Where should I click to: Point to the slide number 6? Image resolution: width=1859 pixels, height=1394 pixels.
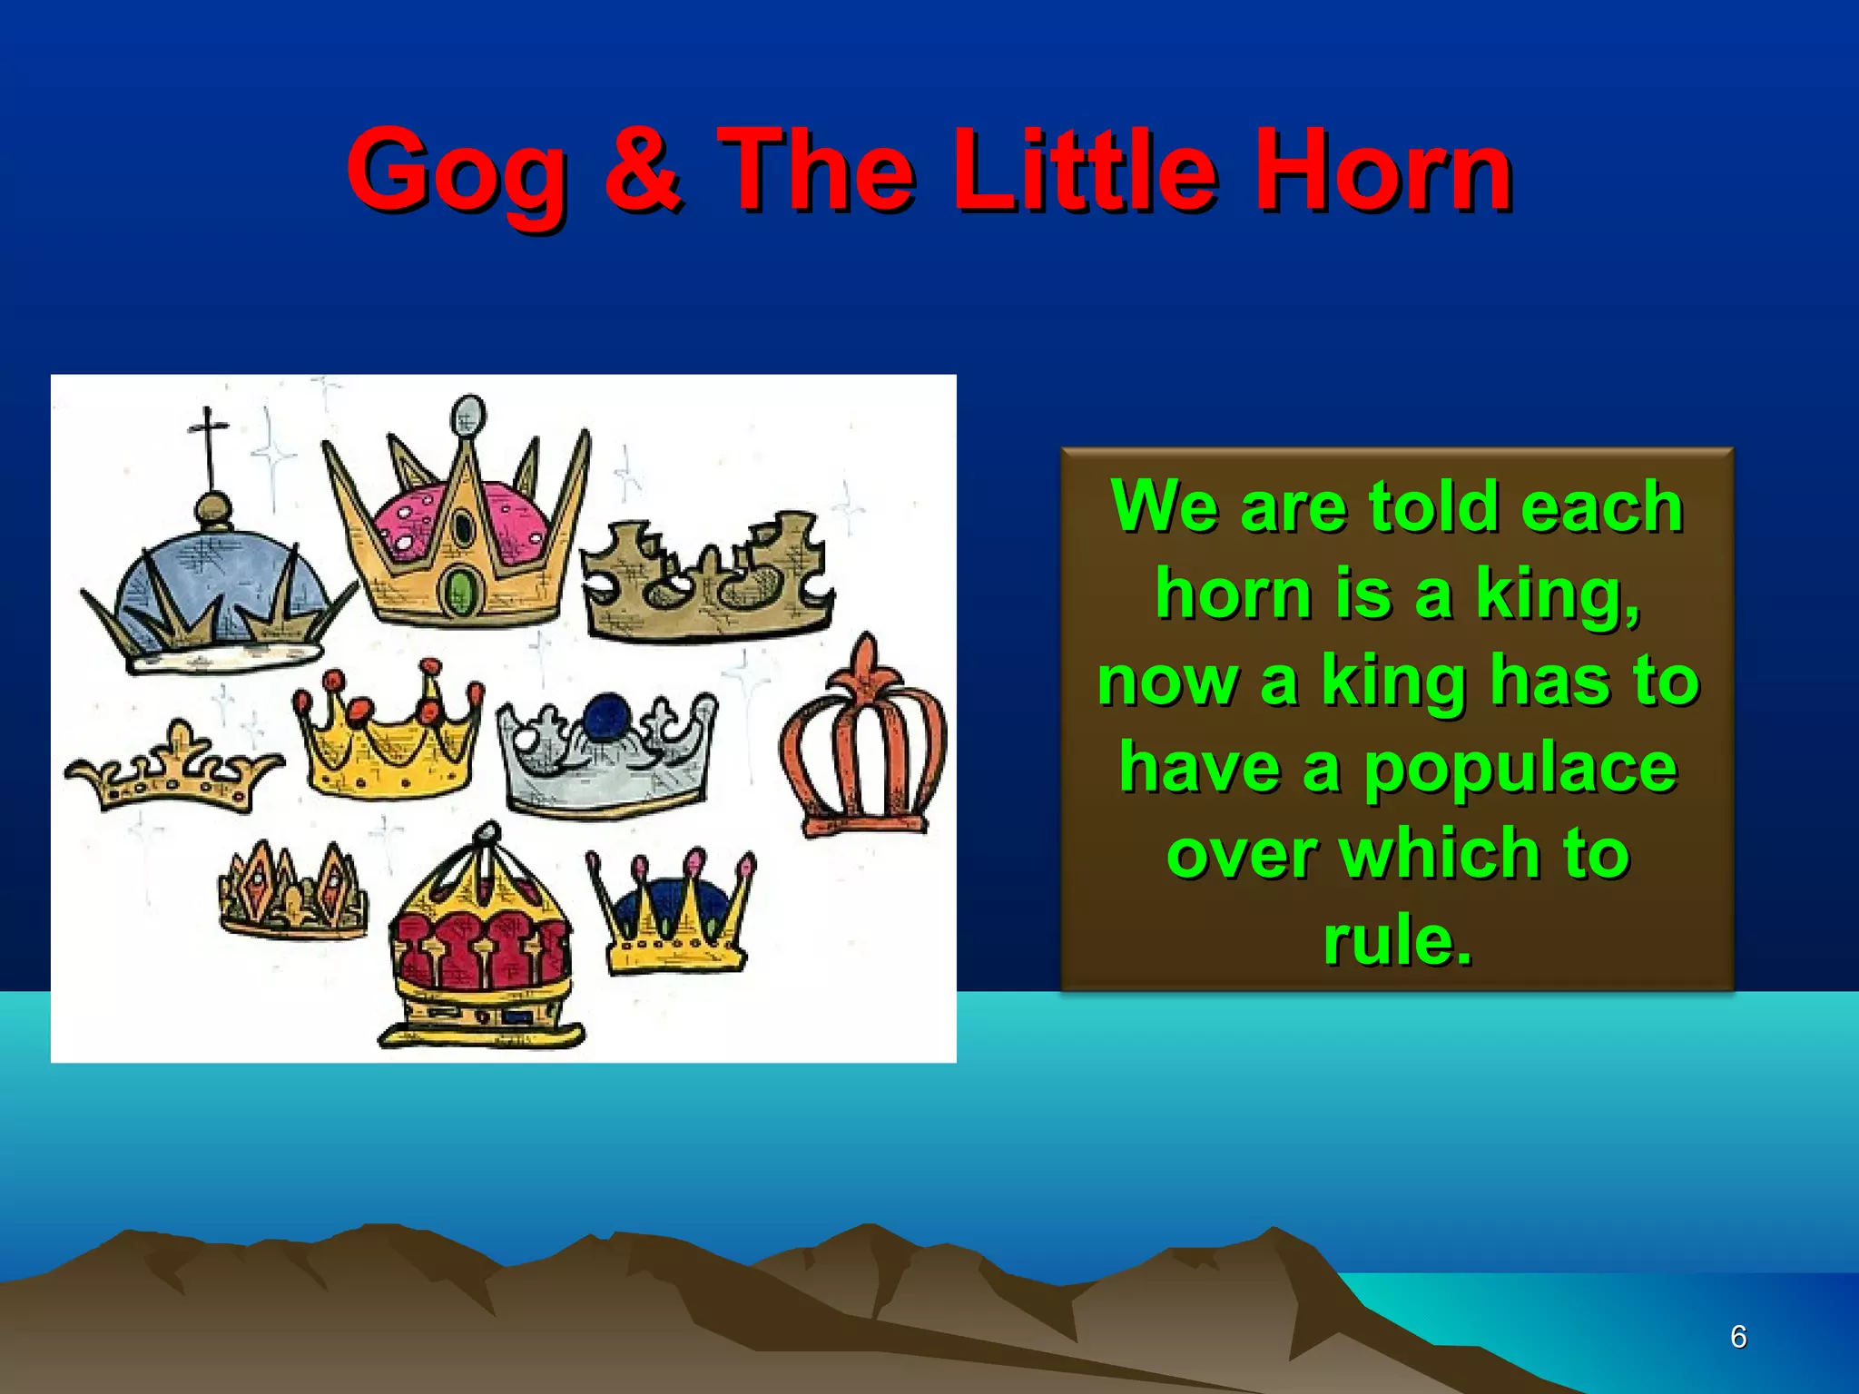(x=1737, y=1337)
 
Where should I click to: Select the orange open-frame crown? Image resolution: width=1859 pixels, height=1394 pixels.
(x=862, y=744)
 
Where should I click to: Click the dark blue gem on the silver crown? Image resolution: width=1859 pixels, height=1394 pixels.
(x=607, y=716)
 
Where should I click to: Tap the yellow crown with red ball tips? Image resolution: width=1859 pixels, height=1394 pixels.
(x=389, y=740)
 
